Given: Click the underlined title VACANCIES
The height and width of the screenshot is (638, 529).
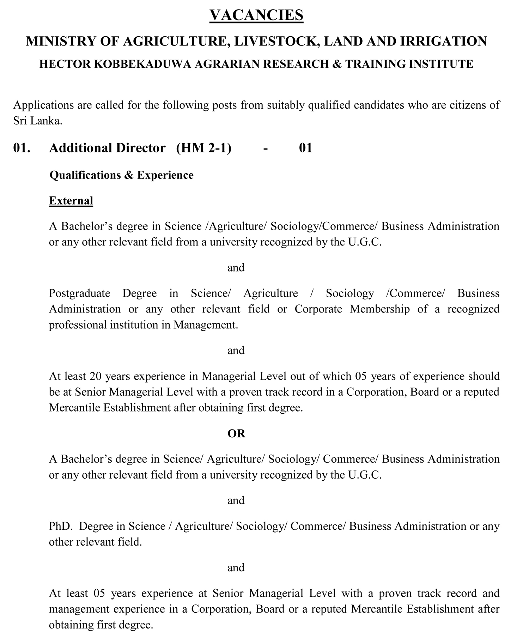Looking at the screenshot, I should click(256, 16).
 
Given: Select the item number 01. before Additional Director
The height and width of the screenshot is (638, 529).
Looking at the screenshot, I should click(22, 148).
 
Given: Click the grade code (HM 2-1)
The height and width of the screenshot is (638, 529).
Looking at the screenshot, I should click(204, 148).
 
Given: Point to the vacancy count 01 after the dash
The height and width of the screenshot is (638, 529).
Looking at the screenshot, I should click(305, 148).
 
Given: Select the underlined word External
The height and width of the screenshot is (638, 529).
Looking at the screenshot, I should click(71, 201).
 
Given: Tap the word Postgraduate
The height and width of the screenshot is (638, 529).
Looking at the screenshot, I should click(79, 293).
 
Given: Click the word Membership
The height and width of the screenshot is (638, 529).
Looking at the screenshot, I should click(380, 309).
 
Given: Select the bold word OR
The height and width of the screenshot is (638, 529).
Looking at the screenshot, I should click(236, 433).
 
